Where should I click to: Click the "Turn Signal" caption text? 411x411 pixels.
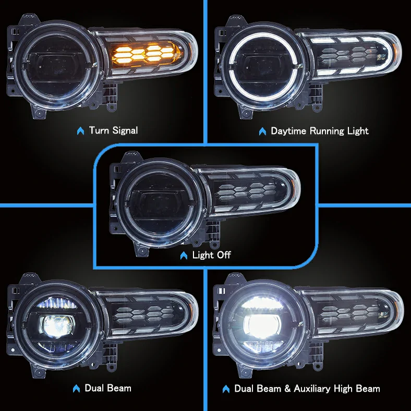pos(113,130)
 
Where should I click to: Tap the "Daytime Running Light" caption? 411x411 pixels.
pos(319,131)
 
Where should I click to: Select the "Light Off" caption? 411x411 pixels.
pos(211,255)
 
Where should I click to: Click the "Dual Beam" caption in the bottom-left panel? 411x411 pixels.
pos(108,388)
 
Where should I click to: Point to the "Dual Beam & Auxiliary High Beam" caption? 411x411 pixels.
pos(307,389)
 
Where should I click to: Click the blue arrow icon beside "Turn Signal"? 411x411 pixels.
pos(81,131)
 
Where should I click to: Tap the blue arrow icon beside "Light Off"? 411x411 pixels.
pos(183,256)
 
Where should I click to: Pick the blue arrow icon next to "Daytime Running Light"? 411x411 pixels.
pos(262,131)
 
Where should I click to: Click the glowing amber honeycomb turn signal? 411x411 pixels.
pos(144,53)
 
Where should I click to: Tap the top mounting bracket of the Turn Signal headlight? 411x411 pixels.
pos(26,23)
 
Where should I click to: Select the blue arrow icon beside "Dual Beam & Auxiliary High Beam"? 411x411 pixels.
pos(226,389)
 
